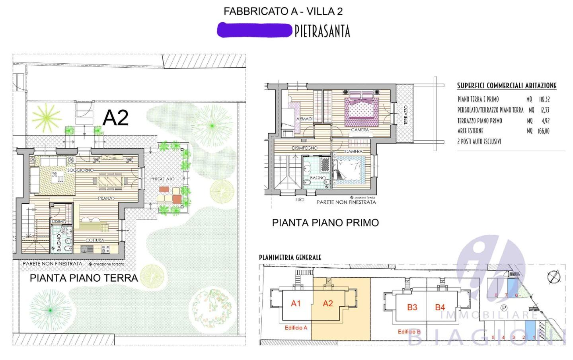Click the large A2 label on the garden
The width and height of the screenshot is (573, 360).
click(115, 117)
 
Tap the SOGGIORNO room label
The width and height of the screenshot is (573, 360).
click(80, 170)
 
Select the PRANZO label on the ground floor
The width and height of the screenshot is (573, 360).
click(106, 198)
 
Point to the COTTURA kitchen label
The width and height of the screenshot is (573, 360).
click(95, 240)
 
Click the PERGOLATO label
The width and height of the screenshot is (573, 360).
click(162, 179)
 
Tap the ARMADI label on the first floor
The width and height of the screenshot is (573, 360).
click(304, 119)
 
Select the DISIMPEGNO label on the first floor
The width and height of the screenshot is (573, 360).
click(305, 148)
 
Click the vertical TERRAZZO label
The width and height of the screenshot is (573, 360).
click(406, 115)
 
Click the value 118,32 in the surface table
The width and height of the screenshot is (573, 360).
click(544, 99)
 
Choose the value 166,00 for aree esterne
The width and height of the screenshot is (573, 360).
click(543, 131)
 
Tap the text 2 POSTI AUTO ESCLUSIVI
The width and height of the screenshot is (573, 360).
click(479, 142)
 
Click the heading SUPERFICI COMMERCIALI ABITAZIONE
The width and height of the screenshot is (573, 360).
click(507, 86)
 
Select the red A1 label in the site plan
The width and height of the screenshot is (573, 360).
click(296, 304)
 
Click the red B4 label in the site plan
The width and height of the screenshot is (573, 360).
click(440, 307)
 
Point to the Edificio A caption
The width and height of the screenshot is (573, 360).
click(296, 328)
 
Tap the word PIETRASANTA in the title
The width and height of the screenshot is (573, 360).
click(322, 31)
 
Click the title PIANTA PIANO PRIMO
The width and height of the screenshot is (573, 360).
click(325, 223)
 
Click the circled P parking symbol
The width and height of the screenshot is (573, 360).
click(503, 308)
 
